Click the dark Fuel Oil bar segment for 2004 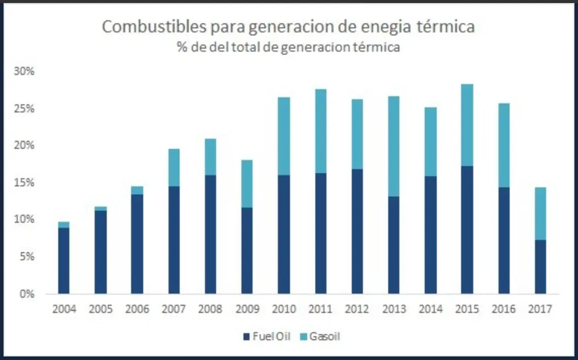pyautogui.click(x=64, y=260)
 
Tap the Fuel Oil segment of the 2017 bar pyautogui.click(x=540, y=266)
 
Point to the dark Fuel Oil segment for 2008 pyautogui.click(x=211, y=234)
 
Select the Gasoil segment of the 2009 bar pyautogui.click(x=247, y=183)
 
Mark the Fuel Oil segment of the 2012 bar pyautogui.click(x=357, y=231)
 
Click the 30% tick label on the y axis pyautogui.click(x=24, y=71)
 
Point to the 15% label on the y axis pyautogui.click(x=24, y=182)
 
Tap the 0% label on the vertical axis pyautogui.click(x=26, y=294)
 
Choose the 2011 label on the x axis pyautogui.click(x=320, y=309)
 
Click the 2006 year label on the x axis pyautogui.click(x=137, y=309)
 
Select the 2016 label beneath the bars pyautogui.click(x=504, y=309)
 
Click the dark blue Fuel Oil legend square pyautogui.click(x=246, y=336)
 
